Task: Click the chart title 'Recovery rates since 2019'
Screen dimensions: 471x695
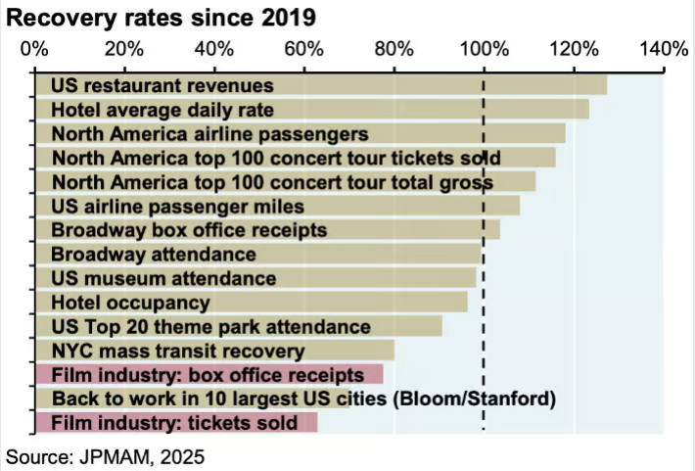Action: point(162,19)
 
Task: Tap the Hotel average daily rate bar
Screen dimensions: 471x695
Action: point(312,110)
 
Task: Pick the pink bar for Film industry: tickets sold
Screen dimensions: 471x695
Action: point(176,422)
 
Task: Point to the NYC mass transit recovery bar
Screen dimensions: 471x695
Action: point(215,350)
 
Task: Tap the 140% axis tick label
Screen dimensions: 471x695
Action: point(664,47)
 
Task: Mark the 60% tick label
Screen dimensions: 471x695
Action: point(303,47)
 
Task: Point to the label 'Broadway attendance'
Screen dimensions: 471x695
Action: point(154,254)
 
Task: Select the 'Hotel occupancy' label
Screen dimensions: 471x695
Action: point(130,303)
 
